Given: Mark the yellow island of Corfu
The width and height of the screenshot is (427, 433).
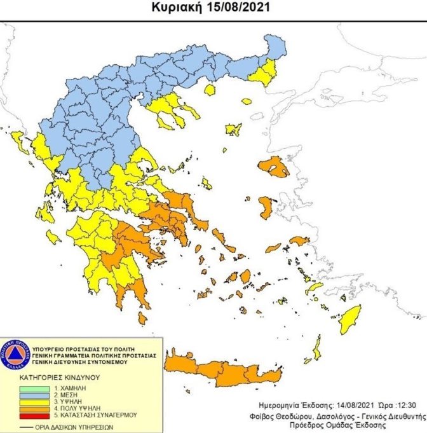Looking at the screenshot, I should point(17,141).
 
